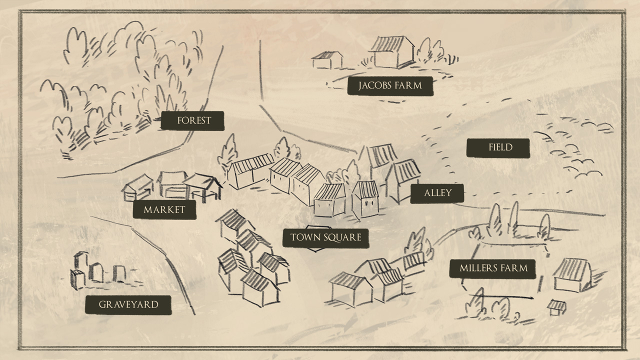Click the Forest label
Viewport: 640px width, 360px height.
(x=192, y=120)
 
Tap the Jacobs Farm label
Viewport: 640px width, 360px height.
(x=390, y=85)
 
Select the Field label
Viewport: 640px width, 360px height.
(x=497, y=147)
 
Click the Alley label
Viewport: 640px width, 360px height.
(x=437, y=193)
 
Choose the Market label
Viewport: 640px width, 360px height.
(x=164, y=210)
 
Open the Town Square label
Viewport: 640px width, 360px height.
(x=326, y=237)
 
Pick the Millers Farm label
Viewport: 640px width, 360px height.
(x=493, y=268)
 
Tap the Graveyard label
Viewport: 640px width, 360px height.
(x=128, y=304)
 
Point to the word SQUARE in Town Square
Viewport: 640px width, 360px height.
(x=342, y=237)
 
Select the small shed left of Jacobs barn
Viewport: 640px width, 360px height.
(x=327, y=59)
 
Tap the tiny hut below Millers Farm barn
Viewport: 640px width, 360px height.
(x=556, y=307)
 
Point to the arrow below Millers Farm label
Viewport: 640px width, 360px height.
(x=525, y=297)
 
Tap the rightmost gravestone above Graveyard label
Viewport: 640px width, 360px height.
(x=119, y=273)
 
